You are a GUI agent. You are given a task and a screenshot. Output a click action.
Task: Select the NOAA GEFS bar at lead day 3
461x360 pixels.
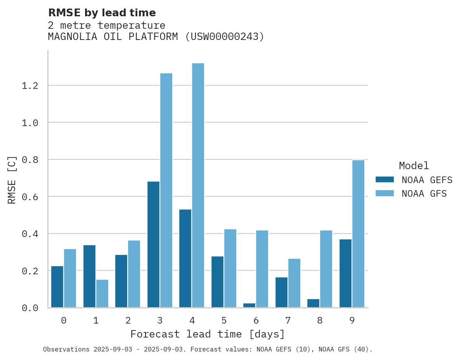[153, 244]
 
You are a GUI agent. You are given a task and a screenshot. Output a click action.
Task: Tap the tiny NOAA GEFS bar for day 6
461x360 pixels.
[249, 305]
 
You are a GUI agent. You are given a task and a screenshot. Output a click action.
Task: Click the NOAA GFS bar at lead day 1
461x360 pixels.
[102, 293]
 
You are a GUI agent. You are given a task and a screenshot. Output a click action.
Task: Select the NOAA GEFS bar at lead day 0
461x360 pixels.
[57, 287]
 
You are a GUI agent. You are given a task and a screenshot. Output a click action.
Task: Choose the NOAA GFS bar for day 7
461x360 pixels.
[294, 283]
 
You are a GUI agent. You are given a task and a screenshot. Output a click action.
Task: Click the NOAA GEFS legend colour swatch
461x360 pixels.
[385, 180]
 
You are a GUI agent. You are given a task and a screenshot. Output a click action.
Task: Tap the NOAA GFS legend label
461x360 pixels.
[424, 194]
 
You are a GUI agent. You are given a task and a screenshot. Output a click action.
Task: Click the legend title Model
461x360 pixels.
[414, 166]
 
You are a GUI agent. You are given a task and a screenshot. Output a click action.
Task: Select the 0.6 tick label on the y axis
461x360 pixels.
[30, 197]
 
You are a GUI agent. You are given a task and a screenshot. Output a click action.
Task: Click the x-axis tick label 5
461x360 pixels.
[224, 320]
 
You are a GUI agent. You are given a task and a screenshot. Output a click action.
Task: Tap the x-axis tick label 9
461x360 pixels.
[352, 320]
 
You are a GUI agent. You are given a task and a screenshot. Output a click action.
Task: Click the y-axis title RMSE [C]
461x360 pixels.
[12, 180]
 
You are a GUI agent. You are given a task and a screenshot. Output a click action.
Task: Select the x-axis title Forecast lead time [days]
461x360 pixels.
[208, 334]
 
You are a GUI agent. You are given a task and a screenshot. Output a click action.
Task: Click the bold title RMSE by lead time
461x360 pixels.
[102, 13]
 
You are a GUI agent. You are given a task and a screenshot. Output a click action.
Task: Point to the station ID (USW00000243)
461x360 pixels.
[225, 37]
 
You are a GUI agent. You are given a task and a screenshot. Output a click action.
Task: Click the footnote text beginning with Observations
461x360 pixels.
[208, 350]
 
